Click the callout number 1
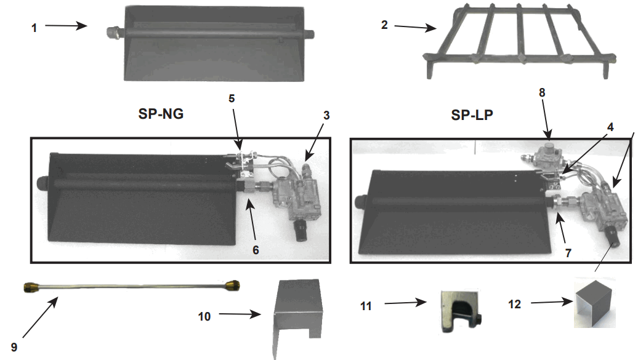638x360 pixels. tap(34, 28)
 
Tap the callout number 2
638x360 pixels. tap(384, 25)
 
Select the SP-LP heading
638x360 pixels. tap(472, 115)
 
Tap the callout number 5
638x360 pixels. tap(232, 98)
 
